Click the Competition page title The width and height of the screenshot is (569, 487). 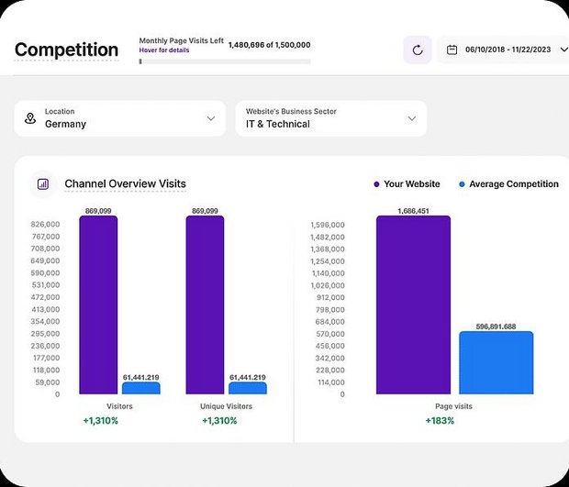click(x=66, y=50)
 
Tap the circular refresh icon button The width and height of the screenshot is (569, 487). click(x=418, y=50)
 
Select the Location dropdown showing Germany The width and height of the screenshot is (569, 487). click(x=120, y=118)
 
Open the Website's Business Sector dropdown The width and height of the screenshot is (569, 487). click(x=330, y=118)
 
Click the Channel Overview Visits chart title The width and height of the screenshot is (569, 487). click(x=125, y=184)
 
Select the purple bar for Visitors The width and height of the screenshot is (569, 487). click(x=98, y=304)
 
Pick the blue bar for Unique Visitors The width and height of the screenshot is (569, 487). click(x=247, y=388)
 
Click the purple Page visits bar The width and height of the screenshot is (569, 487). click(x=413, y=304)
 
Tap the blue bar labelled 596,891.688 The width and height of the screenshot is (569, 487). click(x=496, y=362)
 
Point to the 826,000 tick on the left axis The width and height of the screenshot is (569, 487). click(x=45, y=224)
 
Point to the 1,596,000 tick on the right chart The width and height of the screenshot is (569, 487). click(x=327, y=224)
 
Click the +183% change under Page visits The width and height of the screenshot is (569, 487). click(x=440, y=421)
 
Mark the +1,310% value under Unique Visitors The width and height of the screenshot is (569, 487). click(x=219, y=421)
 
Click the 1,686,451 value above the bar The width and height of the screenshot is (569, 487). click(x=414, y=211)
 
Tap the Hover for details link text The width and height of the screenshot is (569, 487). click(x=164, y=50)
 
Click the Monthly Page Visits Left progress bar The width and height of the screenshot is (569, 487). click(x=225, y=62)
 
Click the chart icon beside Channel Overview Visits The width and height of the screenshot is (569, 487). click(x=43, y=184)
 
